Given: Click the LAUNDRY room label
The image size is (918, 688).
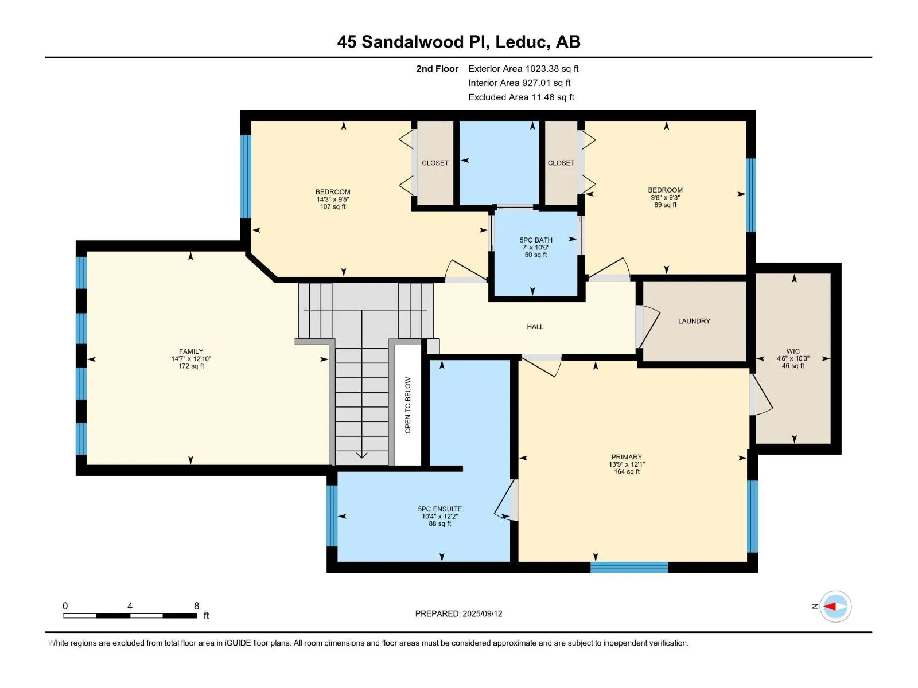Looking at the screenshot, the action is [x=694, y=321].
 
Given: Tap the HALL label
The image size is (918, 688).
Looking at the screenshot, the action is [x=535, y=327].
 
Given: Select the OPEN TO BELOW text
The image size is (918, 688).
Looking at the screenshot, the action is [x=408, y=405].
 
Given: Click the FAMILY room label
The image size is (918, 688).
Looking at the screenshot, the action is [x=191, y=351].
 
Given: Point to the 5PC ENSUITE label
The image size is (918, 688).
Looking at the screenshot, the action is [x=440, y=509].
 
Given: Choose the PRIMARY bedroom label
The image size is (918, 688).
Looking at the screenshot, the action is [x=627, y=456].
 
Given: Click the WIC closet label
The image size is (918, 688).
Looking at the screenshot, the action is [x=793, y=351].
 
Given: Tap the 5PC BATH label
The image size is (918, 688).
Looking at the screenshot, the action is [x=536, y=240].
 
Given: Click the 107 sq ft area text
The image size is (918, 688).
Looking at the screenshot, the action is [x=333, y=206].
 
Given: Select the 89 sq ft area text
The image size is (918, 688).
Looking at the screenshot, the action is [x=666, y=205].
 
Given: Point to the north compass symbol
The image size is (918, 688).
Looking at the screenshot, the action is [x=835, y=606].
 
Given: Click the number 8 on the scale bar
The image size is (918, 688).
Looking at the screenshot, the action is [x=197, y=605].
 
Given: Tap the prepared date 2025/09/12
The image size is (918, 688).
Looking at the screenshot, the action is [x=482, y=613].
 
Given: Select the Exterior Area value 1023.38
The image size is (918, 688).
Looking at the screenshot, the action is [x=542, y=68].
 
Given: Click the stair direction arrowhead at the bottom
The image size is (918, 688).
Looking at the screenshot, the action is [x=362, y=455].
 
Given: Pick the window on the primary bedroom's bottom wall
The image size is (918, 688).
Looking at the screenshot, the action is [x=629, y=567].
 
